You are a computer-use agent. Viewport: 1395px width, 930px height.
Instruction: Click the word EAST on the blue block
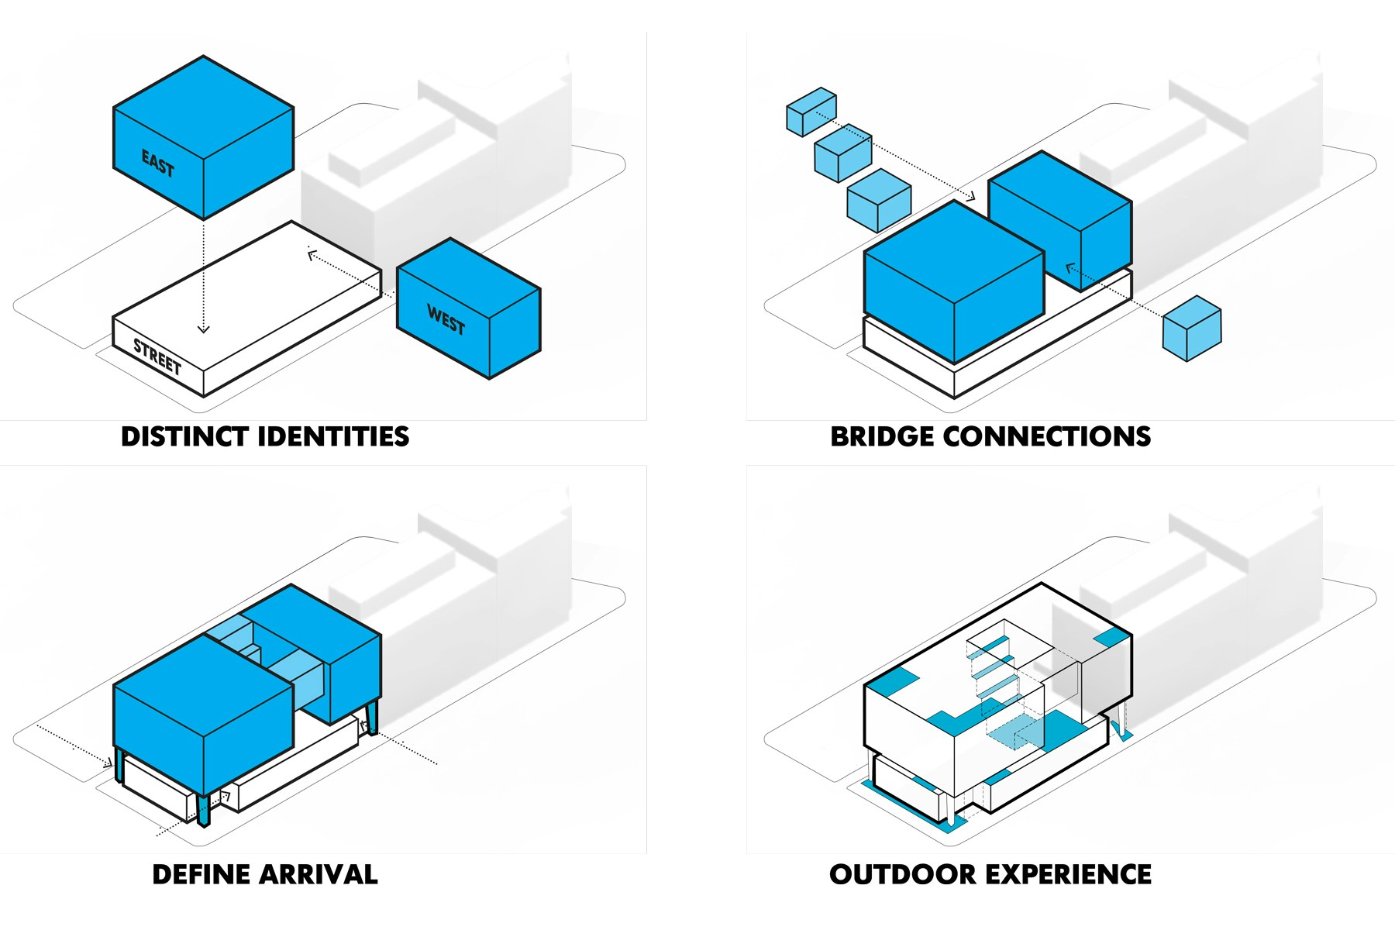[x=157, y=164]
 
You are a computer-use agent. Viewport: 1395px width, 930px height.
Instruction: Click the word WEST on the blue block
[x=446, y=319]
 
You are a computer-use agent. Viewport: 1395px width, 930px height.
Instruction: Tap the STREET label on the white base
[x=157, y=356]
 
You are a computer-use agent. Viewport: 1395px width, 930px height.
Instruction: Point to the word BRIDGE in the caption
[x=882, y=437]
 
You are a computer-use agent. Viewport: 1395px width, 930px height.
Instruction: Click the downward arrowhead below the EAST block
[x=204, y=329]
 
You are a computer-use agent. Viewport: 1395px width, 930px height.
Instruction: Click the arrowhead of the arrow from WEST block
[x=312, y=253]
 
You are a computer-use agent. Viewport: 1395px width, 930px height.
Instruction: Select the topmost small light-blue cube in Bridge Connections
[x=811, y=112]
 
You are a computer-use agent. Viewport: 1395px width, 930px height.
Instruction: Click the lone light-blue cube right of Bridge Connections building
[x=1192, y=329]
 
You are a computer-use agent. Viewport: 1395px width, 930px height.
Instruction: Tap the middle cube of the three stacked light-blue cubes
[x=842, y=153]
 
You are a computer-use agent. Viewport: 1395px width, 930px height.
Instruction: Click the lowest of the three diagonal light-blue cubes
[x=878, y=200]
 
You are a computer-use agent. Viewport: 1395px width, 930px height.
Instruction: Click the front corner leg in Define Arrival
[x=204, y=810]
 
